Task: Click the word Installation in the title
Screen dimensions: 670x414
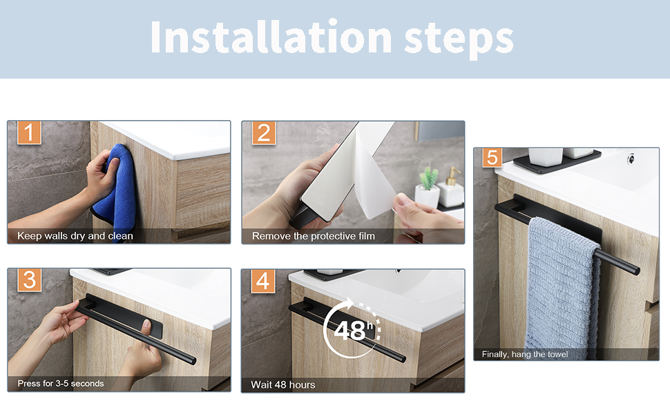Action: [271, 37]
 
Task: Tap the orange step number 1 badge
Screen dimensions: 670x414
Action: [29, 132]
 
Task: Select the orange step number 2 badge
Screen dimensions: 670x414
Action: [264, 132]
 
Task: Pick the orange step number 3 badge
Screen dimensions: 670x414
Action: [30, 280]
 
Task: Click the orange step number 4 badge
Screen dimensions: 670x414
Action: [262, 282]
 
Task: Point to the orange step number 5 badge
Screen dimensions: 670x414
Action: [492, 157]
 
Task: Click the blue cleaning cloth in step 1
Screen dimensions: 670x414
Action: [116, 186]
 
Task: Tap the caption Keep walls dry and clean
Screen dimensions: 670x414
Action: [75, 235]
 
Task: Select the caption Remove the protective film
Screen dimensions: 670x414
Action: [313, 236]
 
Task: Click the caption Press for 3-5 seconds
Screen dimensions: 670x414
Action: [61, 383]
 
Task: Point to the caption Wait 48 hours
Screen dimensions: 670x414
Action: [283, 384]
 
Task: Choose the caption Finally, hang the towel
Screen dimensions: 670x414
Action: [525, 354]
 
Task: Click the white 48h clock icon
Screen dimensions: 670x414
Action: [352, 328]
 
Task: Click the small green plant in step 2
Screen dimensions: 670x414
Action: [428, 179]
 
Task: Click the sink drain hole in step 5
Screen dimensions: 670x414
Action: [630, 159]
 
